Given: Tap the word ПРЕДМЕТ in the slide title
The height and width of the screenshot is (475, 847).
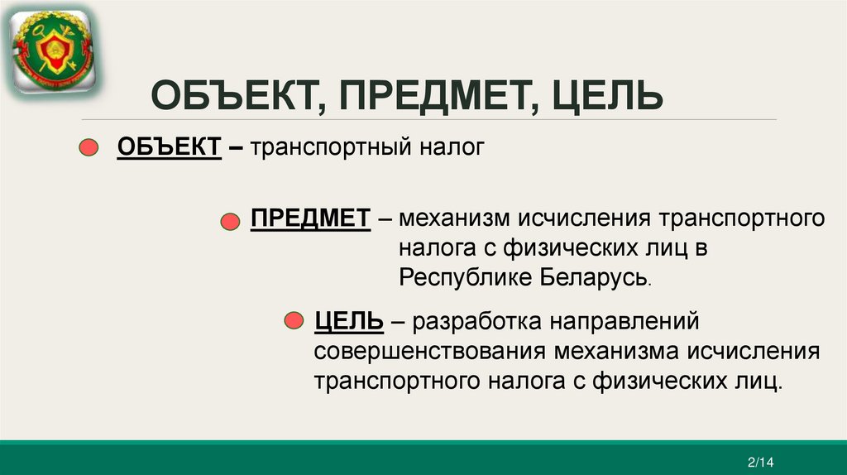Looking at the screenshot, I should pyautogui.click(x=430, y=98).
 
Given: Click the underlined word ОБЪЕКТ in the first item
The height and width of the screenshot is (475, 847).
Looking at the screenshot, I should pyautogui.click(x=169, y=148).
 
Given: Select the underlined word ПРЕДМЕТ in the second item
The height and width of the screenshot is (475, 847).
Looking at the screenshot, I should pyautogui.click(x=310, y=220).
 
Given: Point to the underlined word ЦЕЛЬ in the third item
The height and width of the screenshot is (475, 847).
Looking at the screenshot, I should pyautogui.click(x=348, y=319).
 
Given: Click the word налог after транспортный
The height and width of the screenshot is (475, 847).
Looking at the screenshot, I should pyautogui.click(x=450, y=149).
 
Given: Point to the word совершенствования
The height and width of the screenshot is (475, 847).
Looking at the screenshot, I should pyautogui.click(x=429, y=350).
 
